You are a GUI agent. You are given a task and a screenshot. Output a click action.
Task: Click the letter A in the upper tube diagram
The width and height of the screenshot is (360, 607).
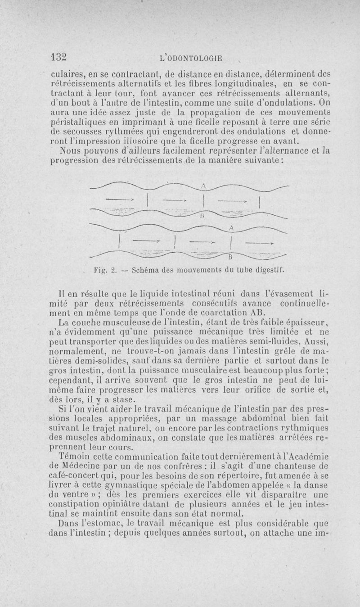point(203,186)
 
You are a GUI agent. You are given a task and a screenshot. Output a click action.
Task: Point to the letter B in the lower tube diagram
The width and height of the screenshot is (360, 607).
point(230,258)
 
